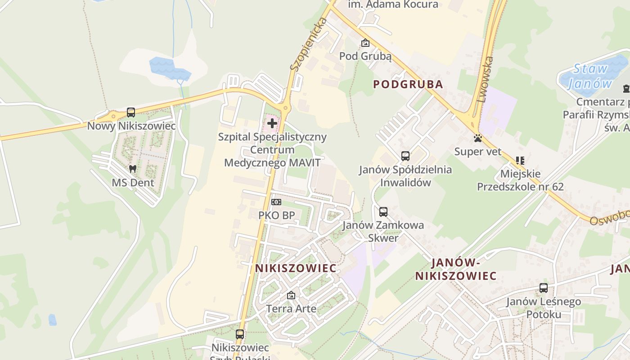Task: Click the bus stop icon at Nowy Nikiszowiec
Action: tap(131, 112)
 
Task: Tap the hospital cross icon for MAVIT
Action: tap(272, 123)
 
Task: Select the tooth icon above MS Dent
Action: tap(133, 169)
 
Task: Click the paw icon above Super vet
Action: tap(477, 138)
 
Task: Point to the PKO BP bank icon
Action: tap(276, 202)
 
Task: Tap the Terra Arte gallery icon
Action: tap(291, 296)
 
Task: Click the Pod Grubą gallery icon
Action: tap(365, 43)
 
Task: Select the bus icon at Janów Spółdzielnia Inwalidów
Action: tap(405, 156)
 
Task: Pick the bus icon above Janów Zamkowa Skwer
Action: tap(383, 211)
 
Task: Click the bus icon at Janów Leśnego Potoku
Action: tap(544, 288)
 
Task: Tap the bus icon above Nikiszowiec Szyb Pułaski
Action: tap(240, 334)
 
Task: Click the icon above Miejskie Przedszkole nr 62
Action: tap(520, 160)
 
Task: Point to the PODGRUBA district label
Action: tap(408, 84)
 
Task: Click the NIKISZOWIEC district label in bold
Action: tap(296, 268)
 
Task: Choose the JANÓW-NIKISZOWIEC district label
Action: tap(456, 269)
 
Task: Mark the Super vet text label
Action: tap(477, 152)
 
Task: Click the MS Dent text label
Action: tap(133, 183)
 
